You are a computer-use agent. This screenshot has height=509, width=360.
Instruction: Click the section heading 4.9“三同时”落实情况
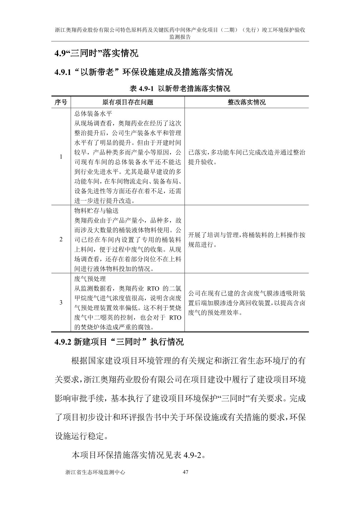[96, 54]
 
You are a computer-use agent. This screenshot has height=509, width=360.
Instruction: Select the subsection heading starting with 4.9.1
[143, 72]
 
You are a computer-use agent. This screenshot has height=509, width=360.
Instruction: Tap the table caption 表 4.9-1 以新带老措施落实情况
[180, 89]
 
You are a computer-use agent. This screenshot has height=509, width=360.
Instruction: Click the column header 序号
[61, 102]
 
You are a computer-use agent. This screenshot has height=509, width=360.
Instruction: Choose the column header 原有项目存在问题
[128, 102]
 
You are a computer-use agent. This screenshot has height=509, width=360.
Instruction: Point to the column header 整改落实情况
[247, 102]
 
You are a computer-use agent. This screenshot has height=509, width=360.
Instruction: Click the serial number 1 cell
[61, 157]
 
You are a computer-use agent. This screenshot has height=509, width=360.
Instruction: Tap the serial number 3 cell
[61, 302]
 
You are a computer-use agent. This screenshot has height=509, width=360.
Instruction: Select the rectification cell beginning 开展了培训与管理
[247, 240]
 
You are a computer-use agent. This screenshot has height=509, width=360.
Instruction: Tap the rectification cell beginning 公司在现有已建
[247, 303]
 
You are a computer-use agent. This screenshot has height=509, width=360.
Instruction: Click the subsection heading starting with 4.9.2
[119, 342]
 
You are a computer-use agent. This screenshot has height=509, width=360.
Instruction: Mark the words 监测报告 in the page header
[180, 37]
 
